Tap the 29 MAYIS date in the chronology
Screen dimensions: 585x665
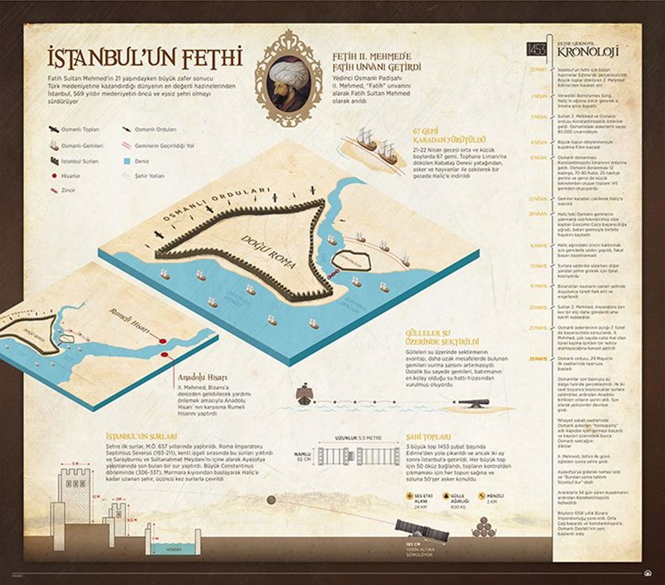click(x=537, y=359)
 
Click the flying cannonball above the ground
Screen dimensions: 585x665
click(x=271, y=500)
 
